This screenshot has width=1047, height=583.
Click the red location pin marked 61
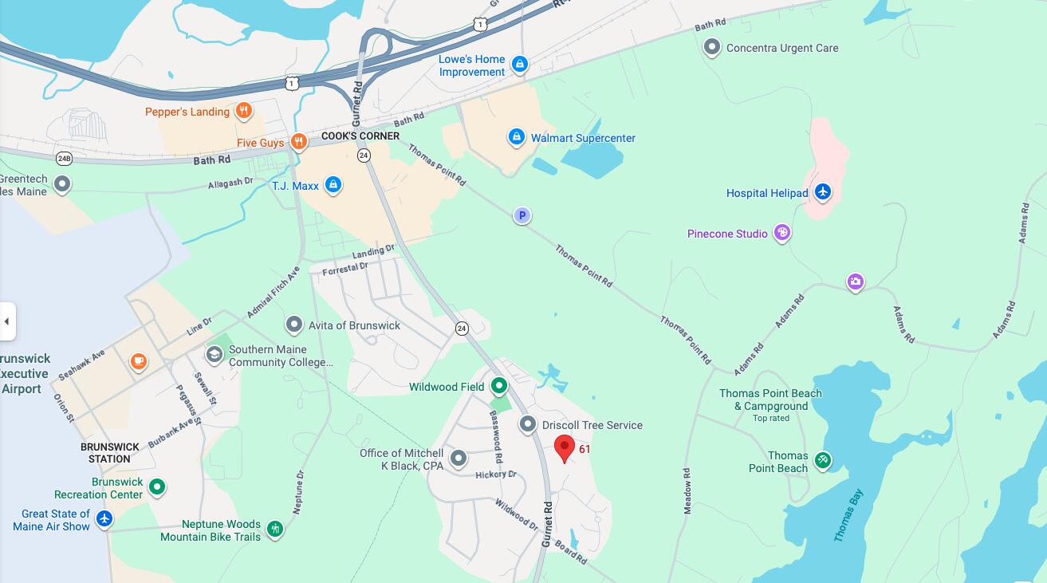565,448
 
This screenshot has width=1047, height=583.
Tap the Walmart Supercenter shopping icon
516,138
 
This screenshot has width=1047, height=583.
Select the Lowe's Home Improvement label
472,65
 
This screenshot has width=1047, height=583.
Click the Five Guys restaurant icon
298,143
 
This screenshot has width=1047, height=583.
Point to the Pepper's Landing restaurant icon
244,112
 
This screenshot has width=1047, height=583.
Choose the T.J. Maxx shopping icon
333,186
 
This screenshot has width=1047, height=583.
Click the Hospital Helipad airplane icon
823,192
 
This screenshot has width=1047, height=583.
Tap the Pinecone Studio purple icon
782,233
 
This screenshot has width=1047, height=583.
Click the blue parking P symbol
522,215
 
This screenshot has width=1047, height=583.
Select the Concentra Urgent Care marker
711,48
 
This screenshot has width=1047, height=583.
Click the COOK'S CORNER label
360,136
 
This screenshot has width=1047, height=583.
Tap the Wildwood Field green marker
499,387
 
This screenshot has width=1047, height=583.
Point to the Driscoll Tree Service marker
528,424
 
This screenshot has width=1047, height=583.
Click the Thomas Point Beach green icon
823,460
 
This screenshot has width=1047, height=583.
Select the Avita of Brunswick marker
294,325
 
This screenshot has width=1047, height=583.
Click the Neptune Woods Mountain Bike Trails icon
275,529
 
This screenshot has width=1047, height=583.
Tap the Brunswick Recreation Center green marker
157,486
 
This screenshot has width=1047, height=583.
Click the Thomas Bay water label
848,516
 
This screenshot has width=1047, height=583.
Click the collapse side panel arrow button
7,321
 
